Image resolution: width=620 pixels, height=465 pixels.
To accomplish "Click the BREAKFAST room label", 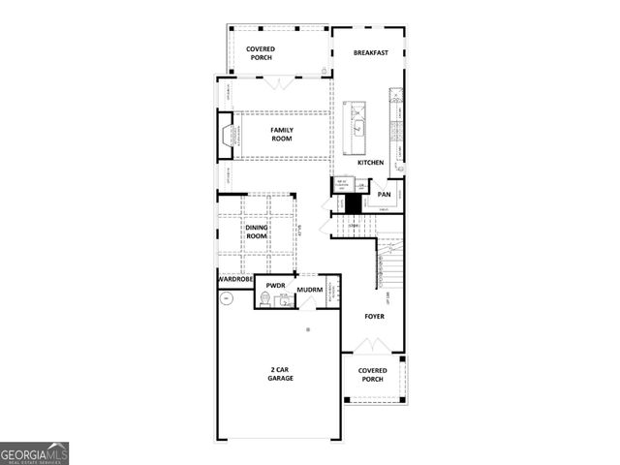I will click(x=371, y=52).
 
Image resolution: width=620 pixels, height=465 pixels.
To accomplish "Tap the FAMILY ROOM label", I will click(x=282, y=135).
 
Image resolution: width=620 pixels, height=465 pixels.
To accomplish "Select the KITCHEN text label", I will click(x=371, y=163).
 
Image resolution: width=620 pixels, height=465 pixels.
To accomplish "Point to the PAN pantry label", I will click(x=385, y=194).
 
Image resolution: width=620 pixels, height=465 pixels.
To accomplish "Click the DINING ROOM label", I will click(x=256, y=232).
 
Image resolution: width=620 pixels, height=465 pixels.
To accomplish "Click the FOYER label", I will click(x=374, y=316).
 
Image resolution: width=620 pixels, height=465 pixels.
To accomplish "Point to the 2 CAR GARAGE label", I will click(x=282, y=373).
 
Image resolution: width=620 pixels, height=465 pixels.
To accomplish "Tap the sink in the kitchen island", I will click(x=357, y=125).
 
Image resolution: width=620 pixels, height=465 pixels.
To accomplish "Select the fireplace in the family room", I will click(x=229, y=134).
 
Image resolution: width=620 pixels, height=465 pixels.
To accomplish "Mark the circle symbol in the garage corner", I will click(x=227, y=299).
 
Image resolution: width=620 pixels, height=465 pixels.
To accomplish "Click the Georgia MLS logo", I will click(x=35, y=453).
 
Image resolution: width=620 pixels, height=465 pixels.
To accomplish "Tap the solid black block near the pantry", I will click(x=355, y=203).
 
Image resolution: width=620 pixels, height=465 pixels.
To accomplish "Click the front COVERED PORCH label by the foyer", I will click(x=373, y=375).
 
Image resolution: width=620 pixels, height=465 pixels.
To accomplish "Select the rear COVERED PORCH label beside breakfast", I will click(x=261, y=52).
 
